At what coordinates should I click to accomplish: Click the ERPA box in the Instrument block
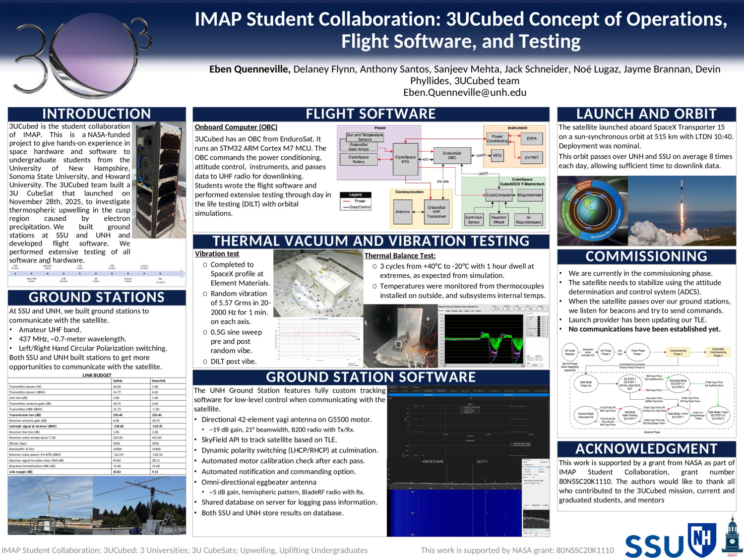pos(531,139)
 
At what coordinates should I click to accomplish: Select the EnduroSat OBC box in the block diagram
pos(452,156)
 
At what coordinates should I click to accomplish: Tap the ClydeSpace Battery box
pos(359,159)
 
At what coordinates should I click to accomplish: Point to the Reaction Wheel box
pos(498,220)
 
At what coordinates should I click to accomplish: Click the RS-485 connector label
pos(442,182)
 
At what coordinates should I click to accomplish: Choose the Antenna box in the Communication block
pos(402,212)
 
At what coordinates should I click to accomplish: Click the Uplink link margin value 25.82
pos(117,472)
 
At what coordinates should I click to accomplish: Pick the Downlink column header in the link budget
pos(159,381)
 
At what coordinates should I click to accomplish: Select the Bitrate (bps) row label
pos(19,443)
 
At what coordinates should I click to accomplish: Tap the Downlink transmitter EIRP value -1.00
pos(155,409)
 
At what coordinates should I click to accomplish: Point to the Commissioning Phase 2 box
pos(678,352)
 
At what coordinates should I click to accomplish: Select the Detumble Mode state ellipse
pos(678,383)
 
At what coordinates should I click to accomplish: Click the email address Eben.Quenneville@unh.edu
pos(465,93)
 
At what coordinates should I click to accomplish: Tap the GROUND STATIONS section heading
pos(97,298)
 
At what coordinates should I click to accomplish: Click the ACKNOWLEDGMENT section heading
pos(646,449)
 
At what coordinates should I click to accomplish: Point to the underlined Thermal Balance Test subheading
pos(400,256)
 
